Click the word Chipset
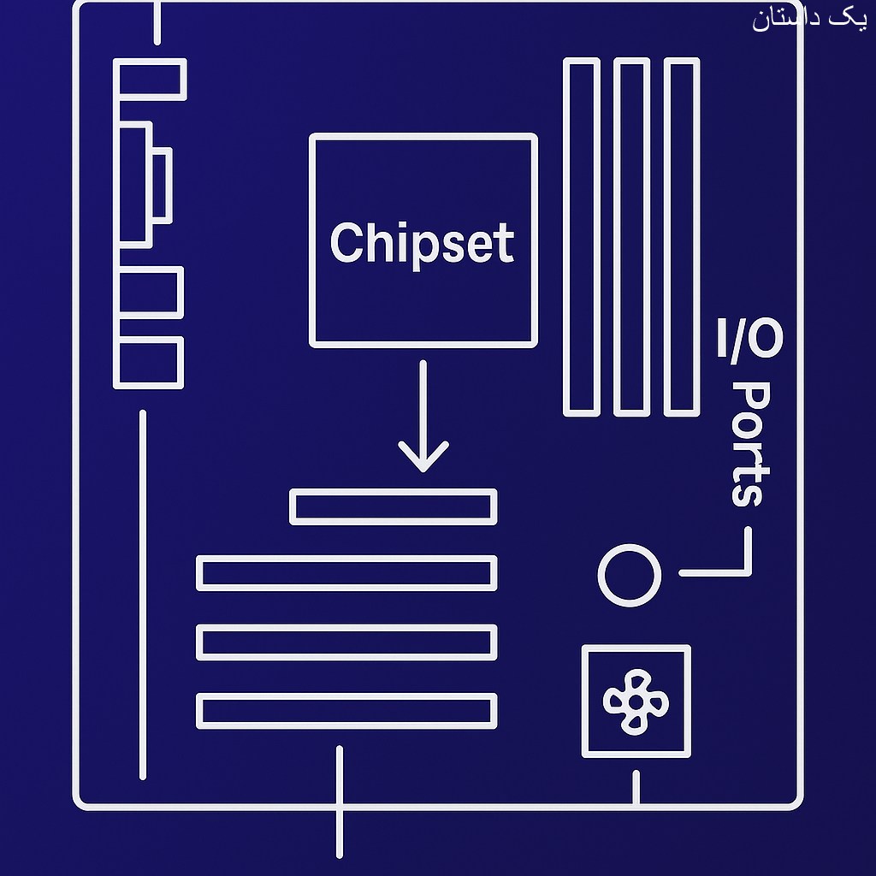pos(422,243)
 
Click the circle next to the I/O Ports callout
pos(629,575)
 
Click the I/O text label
pos(749,340)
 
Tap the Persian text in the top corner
pos(808,19)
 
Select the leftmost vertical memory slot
pos(582,237)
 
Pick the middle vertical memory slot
pos(632,237)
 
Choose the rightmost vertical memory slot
pos(682,237)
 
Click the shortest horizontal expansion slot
pos(394,506)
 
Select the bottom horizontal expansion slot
pos(346,711)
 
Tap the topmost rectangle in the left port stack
pos(151,80)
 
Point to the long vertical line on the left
pos(142,595)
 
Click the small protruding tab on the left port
pos(162,184)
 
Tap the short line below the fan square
pos(636,787)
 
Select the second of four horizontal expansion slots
pos(346,573)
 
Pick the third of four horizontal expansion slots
pos(346,642)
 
